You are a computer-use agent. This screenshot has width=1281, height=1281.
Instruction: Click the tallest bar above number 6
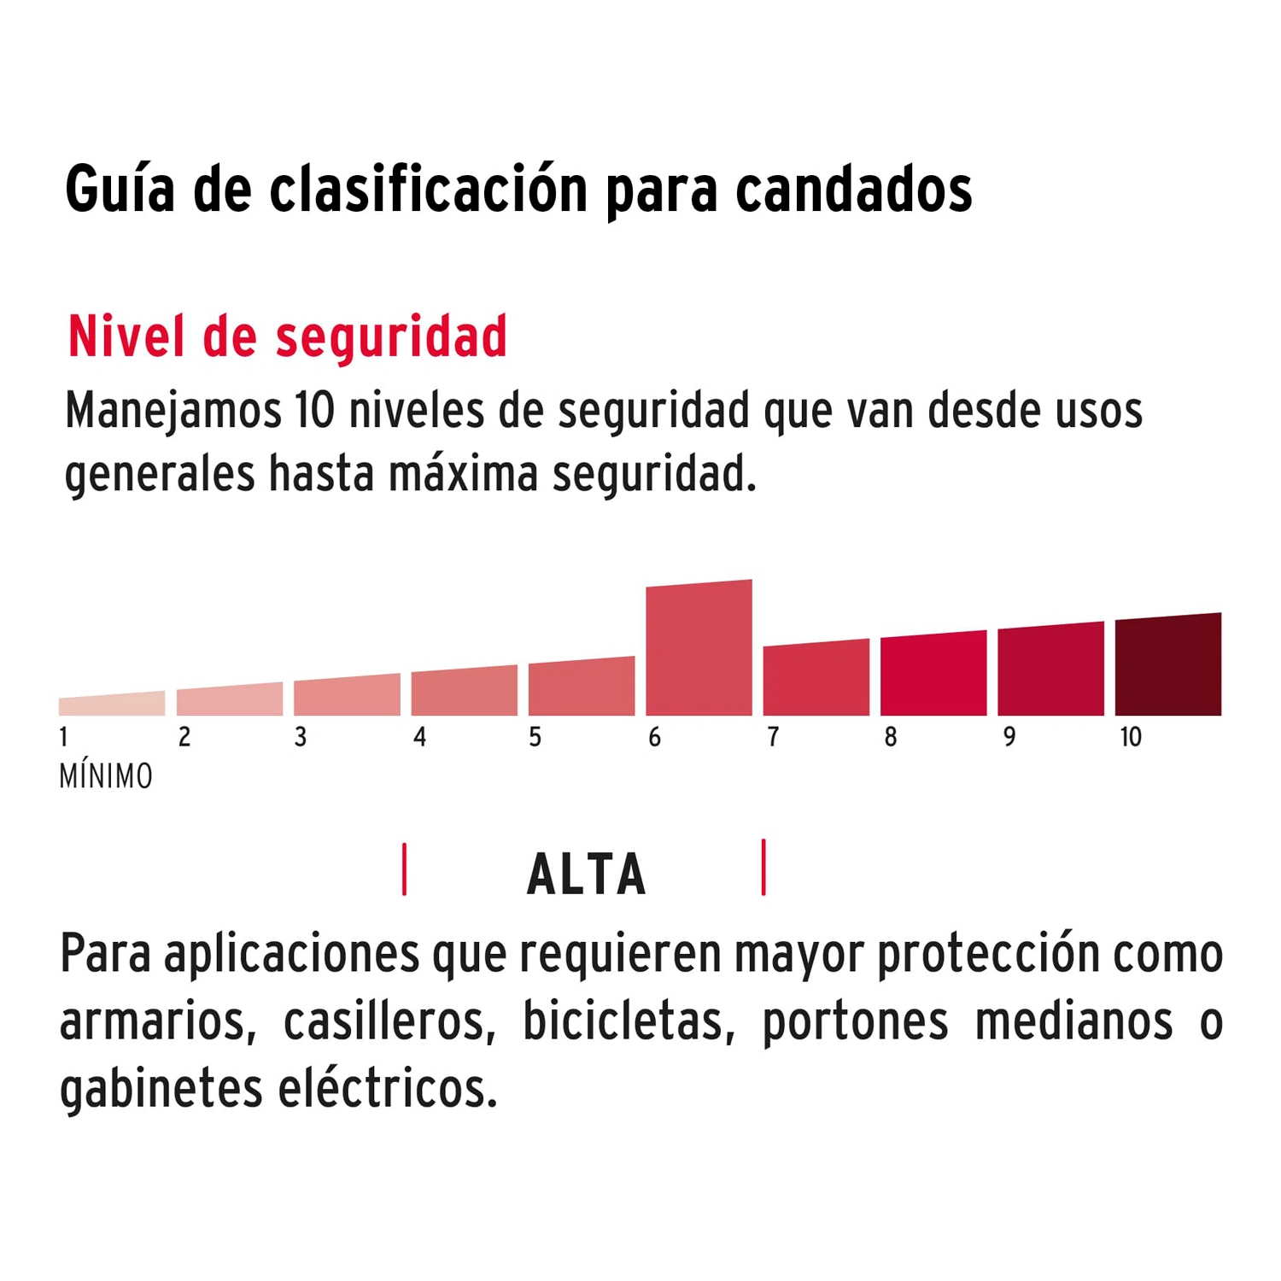[x=699, y=649]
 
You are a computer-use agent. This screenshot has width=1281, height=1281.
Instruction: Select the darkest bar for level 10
[x=1167, y=666]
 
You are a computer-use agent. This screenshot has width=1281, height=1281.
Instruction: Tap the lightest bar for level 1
[x=112, y=705]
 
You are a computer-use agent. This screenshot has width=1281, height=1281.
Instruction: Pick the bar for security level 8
[x=933, y=675]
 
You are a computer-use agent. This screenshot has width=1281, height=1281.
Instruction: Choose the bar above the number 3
[x=347, y=696]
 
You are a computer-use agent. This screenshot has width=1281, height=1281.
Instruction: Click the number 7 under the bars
[x=773, y=737]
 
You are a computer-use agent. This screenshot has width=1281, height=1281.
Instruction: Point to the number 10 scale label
[x=1131, y=737]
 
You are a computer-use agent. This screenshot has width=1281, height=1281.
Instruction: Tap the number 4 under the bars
[x=419, y=737]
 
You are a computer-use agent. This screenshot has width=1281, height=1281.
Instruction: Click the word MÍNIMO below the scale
[x=106, y=776]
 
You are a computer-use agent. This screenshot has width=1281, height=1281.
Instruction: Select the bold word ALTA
[x=587, y=874]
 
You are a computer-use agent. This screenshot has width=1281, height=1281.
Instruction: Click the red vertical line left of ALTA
[x=405, y=869]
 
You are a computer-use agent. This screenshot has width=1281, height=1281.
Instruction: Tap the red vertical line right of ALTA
[x=763, y=868]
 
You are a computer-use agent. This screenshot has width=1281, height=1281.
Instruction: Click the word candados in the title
[x=853, y=190]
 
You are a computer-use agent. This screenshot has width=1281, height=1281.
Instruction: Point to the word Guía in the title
[x=120, y=190]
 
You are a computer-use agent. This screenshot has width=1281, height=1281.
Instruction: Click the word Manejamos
[x=173, y=412]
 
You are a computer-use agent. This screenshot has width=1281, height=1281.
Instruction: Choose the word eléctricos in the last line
[x=388, y=1089]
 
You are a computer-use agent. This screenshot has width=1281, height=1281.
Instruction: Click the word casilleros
[x=389, y=1021]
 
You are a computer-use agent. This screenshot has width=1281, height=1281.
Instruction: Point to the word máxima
[x=463, y=475]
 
